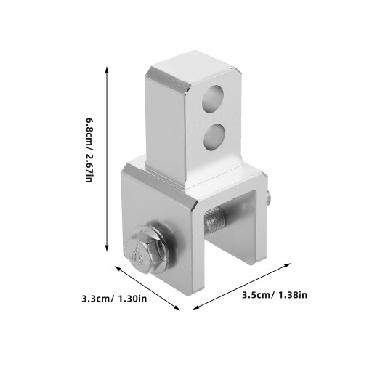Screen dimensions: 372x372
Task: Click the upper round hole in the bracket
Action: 213,99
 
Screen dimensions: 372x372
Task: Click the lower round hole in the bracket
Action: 214,137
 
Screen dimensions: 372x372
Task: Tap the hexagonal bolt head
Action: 141,251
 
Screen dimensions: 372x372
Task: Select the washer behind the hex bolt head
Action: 155,248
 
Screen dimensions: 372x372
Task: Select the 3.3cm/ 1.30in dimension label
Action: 114,299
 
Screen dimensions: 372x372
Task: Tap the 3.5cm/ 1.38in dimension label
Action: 275,295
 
